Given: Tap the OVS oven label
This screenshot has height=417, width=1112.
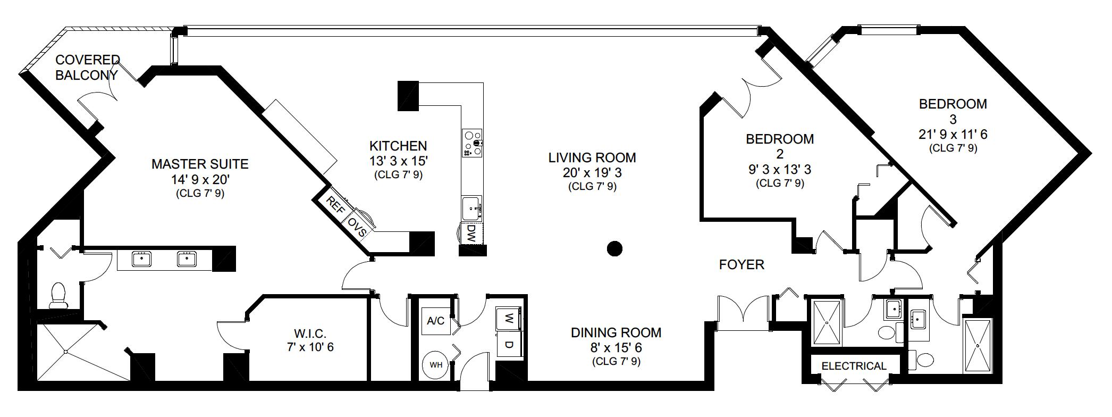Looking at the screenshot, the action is point(356,226).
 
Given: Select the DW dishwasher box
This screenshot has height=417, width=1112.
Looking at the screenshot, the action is point(471,233).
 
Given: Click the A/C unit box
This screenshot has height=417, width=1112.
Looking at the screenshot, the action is point(436,321).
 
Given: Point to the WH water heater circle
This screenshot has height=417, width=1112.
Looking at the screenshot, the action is point(436,365).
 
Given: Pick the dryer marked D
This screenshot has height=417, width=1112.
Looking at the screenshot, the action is point(509,345).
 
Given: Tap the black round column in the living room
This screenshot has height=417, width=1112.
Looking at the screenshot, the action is point(614,248).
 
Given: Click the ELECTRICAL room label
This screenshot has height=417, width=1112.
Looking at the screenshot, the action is point(854,366).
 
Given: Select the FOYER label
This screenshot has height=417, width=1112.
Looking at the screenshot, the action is point(742,264).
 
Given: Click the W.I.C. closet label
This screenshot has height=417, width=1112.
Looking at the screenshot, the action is point(310,333).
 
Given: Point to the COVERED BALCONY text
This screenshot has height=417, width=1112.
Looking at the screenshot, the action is point(88,67).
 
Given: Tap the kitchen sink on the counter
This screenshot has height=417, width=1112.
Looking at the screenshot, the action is point(471,208).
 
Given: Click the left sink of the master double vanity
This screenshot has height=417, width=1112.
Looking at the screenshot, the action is point(141,259).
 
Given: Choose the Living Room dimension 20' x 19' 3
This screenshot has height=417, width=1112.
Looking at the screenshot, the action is point(592,172).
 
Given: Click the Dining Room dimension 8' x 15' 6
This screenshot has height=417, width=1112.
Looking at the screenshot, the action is point(616,347).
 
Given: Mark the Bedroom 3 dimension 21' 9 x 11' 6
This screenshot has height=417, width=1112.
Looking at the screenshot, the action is point(953,135).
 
